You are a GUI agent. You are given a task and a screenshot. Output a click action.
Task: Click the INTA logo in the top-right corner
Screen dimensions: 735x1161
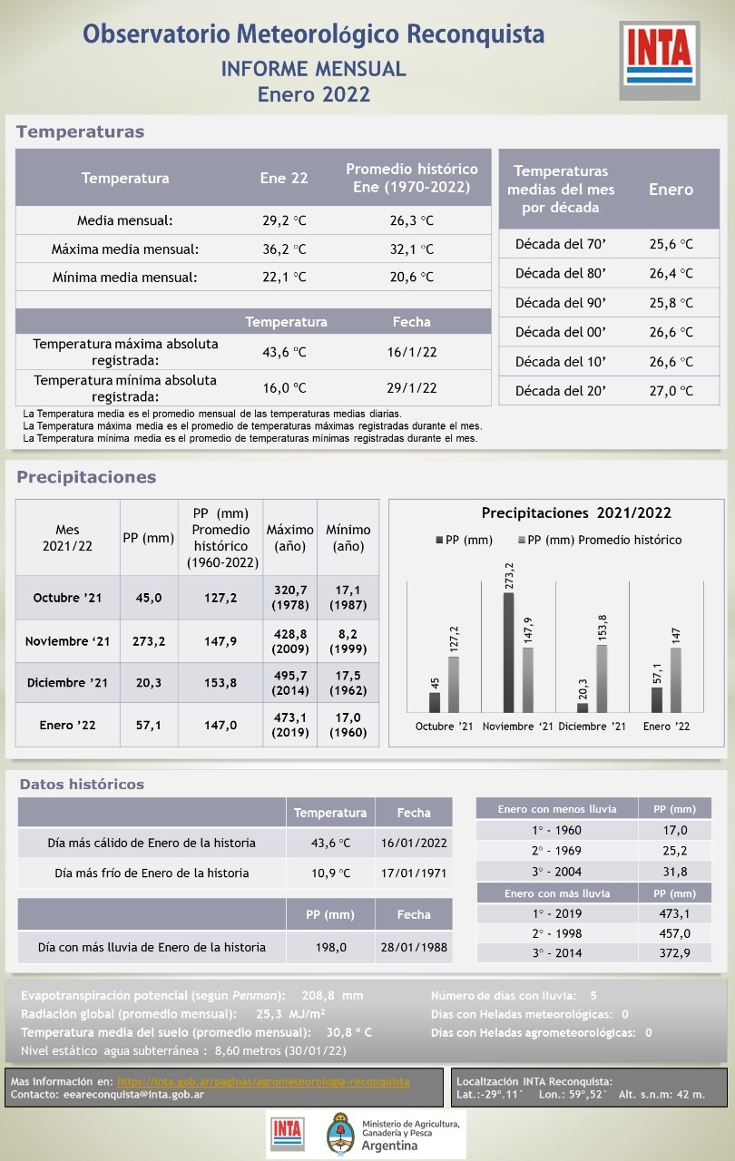click(x=660, y=60)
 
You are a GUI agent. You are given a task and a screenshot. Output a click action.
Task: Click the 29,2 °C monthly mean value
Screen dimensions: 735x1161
click(x=284, y=220)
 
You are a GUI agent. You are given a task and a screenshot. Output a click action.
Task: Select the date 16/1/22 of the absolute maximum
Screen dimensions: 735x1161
click(x=412, y=353)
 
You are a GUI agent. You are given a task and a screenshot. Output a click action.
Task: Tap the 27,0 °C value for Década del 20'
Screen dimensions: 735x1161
click(x=671, y=391)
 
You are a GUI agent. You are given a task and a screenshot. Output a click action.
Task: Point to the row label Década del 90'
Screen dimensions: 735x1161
click(x=560, y=303)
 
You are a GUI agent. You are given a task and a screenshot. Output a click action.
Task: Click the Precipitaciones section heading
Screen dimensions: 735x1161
click(x=86, y=477)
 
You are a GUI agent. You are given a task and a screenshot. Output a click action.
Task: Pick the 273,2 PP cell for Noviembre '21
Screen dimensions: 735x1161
click(x=149, y=641)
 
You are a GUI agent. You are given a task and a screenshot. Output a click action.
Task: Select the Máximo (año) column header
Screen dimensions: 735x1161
click(x=289, y=538)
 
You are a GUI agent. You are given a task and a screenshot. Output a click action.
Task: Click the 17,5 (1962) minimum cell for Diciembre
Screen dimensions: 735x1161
click(x=348, y=683)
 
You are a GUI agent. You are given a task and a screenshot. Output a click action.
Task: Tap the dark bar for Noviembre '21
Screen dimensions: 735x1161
click(x=508, y=652)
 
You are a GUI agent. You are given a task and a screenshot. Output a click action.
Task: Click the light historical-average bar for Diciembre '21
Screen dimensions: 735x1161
click(x=602, y=678)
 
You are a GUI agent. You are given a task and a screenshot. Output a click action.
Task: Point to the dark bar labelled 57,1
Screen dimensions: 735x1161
click(x=657, y=699)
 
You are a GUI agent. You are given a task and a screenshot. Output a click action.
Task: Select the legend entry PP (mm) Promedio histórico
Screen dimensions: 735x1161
click(x=600, y=540)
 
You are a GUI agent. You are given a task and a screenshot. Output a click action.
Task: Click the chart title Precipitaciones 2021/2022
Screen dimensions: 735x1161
click(x=576, y=513)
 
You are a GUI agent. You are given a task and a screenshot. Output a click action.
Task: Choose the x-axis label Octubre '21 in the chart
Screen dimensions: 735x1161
click(x=445, y=727)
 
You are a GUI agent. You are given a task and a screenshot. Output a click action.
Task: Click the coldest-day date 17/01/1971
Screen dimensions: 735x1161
click(x=414, y=873)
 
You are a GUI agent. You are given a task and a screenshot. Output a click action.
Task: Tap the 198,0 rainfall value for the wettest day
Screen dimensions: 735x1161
click(x=330, y=947)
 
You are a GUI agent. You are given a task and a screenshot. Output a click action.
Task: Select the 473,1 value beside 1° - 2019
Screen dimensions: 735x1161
click(x=675, y=913)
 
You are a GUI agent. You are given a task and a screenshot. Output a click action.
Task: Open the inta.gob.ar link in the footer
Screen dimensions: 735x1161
click(x=263, y=1082)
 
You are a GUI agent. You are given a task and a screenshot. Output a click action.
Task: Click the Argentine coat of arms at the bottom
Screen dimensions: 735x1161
click(x=340, y=1135)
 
